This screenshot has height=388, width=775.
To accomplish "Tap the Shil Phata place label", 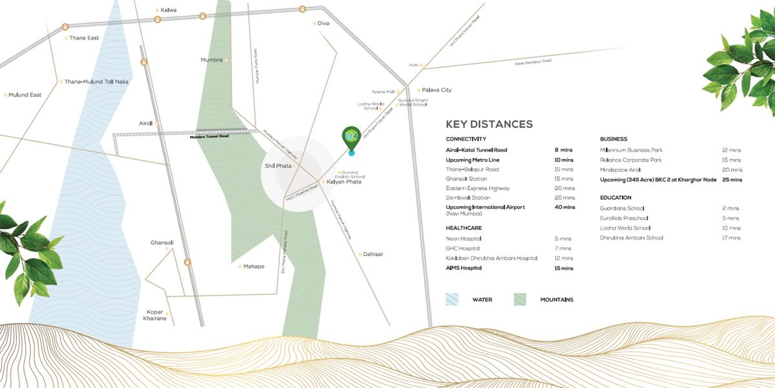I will click(278, 166).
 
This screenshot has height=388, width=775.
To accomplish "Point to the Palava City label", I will click(437, 90).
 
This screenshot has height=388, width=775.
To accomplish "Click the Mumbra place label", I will click(212, 59).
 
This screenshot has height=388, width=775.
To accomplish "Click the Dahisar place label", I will click(373, 254).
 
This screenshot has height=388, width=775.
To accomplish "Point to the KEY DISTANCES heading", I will click(489, 124).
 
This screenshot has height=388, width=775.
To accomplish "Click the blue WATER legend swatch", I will click(451, 299).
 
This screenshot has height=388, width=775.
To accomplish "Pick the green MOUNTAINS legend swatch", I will click(519, 299).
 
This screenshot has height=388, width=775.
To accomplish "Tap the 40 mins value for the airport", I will click(564, 208).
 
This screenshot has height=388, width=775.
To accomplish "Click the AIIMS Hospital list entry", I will click(464, 268).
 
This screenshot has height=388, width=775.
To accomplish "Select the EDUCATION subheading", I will click(615, 197).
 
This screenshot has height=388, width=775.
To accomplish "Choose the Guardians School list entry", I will click(623, 208).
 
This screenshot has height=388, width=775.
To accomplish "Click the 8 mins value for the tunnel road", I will click(564, 150).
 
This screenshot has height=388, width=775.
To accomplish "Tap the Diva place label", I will click(324, 23).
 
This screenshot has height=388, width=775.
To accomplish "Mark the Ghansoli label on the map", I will click(162, 242).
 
